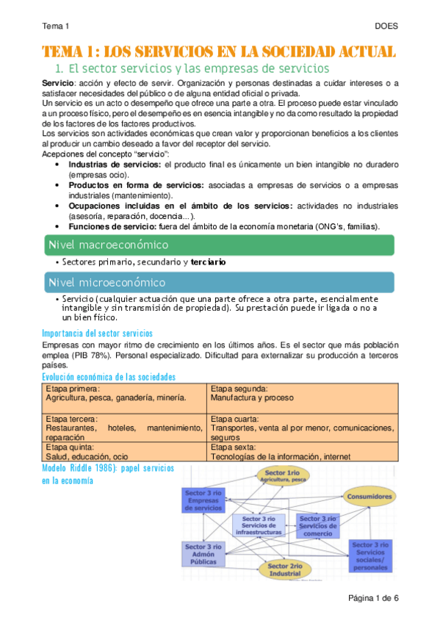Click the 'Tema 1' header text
point(56,26)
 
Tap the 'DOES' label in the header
point(386,26)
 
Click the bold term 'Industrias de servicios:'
point(109,165)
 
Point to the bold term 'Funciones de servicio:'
point(106,226)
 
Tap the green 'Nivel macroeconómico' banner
point(220,245)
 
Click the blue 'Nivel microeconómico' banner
point(220,282)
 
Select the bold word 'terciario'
point(209,262)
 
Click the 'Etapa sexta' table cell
point(303,451)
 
